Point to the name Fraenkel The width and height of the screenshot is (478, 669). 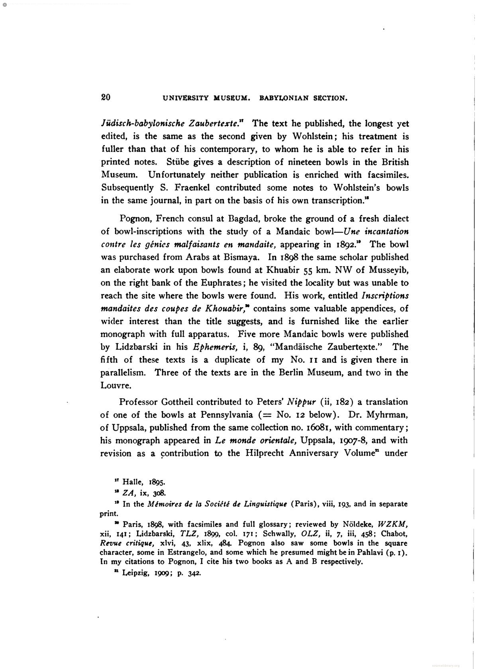(188, 188)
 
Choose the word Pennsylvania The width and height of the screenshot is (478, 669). (225, 415)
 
